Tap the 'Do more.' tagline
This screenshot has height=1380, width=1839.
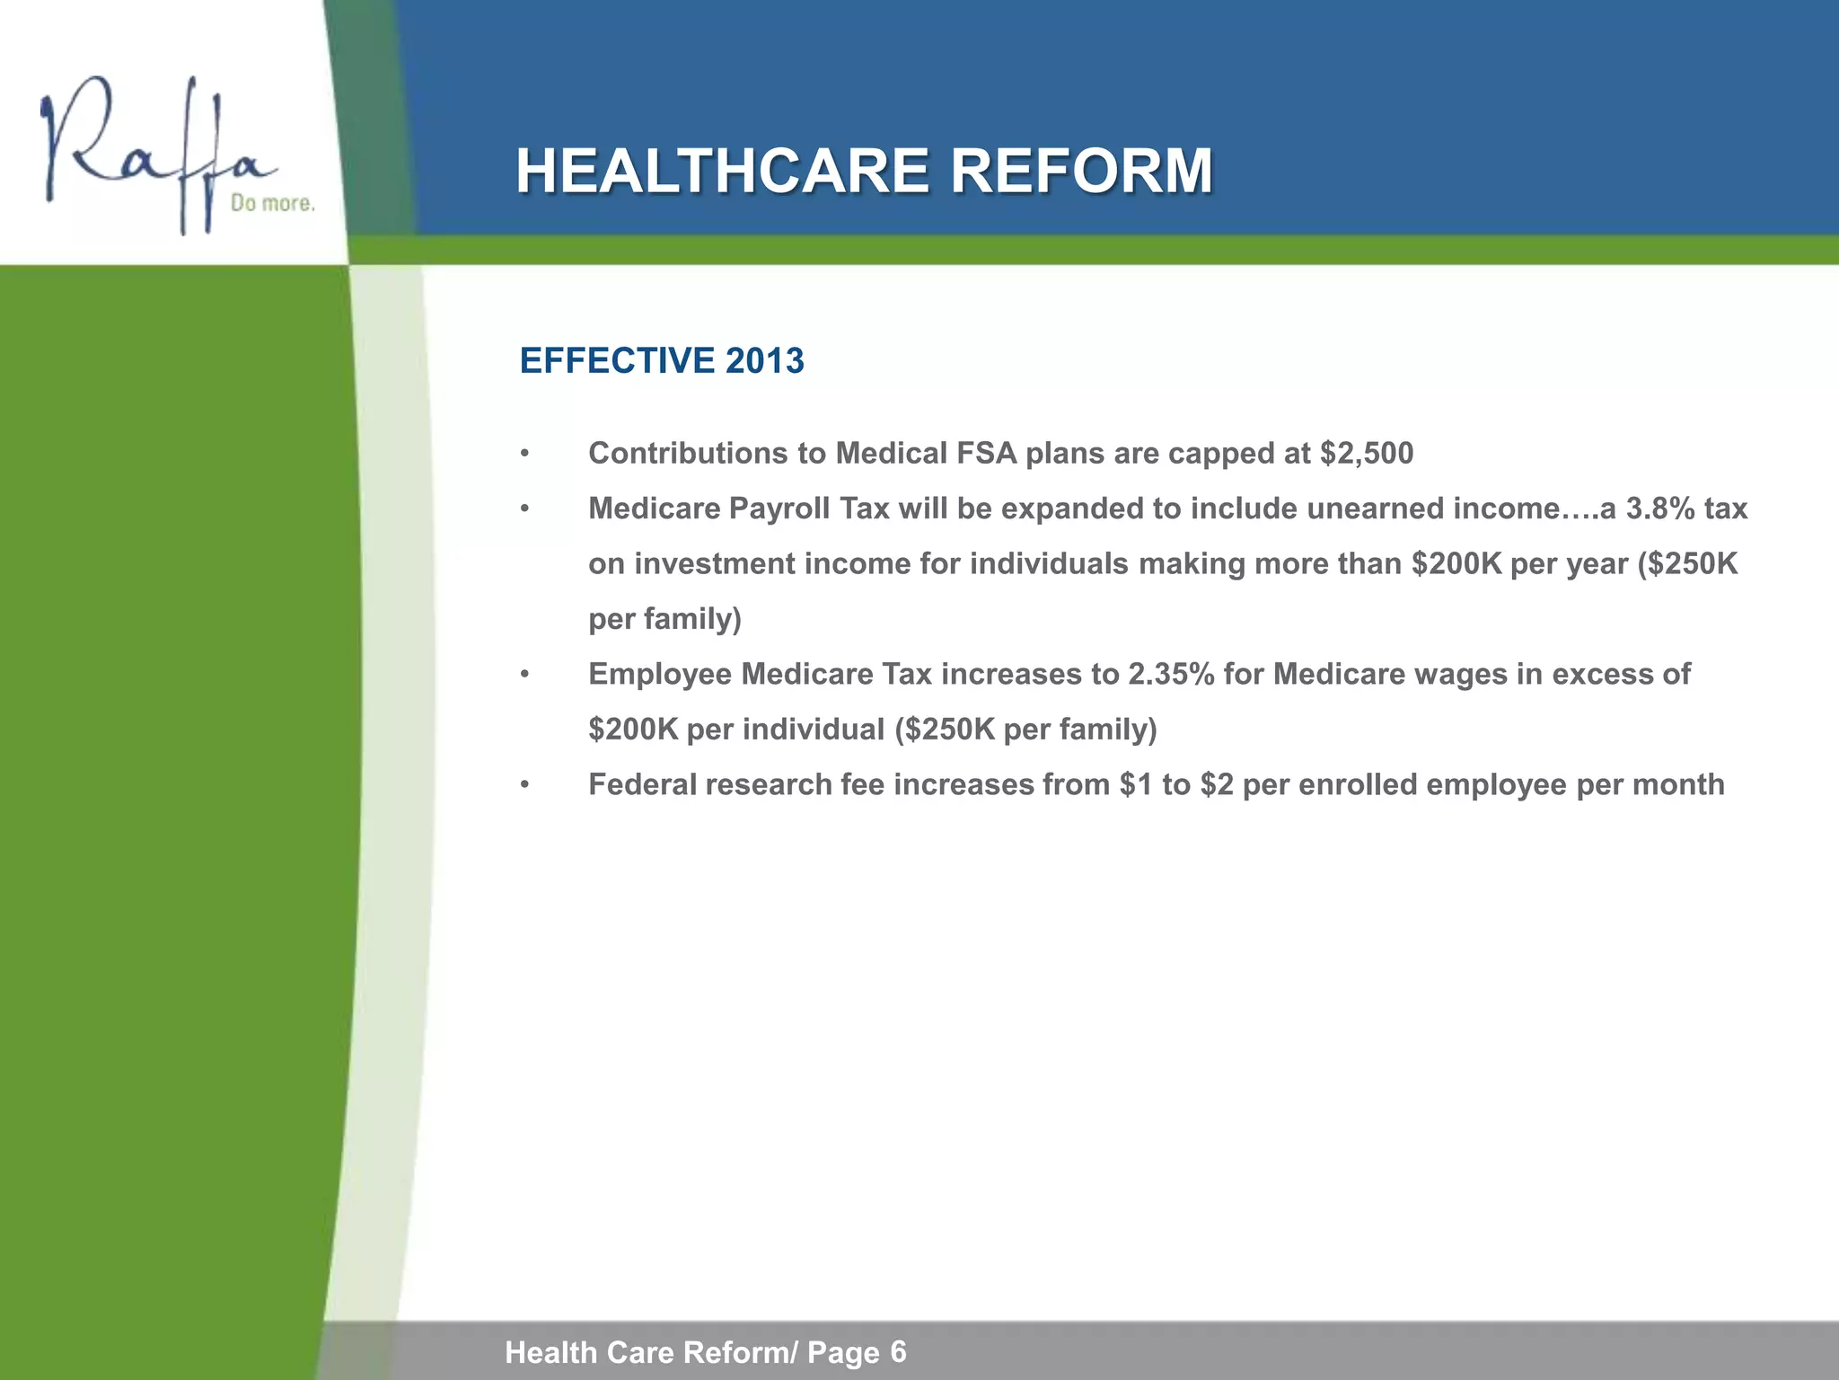(273, 204)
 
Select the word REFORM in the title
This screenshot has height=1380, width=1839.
(1081, 172)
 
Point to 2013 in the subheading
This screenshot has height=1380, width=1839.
(764, 361)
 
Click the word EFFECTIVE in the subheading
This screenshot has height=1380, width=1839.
(617, 361)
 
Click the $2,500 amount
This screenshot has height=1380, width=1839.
(1367, 454)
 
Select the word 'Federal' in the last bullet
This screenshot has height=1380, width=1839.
(641, 785)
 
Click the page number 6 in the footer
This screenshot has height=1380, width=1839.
(898, 1350)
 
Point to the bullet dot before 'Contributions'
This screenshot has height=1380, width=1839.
(525, 455)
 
